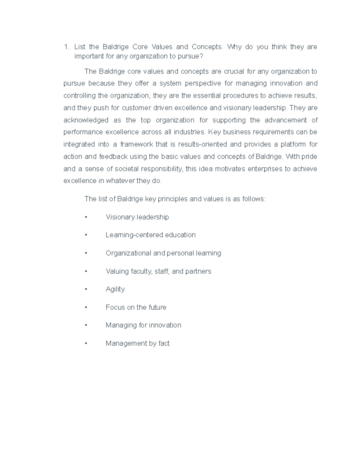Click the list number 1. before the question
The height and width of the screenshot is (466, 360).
tap(67, 47)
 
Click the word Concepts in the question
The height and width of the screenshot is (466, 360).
tap(207, 47)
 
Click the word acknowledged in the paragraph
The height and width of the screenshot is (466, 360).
tap(86, 120)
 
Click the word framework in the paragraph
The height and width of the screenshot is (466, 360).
tap(137, 144)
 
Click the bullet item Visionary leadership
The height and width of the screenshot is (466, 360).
tap(137, 217)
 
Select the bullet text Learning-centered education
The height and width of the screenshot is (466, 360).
tap(150, 235)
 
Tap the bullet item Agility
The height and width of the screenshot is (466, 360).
tap(115, 289)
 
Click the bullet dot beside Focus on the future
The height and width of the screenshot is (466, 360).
tap(86, 307)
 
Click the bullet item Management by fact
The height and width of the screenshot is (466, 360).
tap(137, 343)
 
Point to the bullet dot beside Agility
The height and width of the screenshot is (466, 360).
tap(86, 289)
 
